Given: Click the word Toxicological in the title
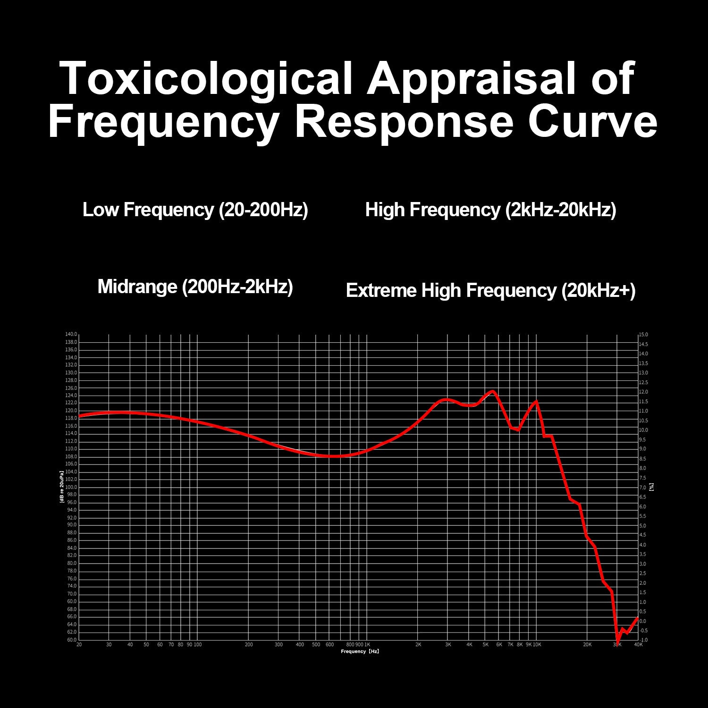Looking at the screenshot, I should (x=207, y=79).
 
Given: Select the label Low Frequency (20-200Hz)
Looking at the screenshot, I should (x=195, y=210).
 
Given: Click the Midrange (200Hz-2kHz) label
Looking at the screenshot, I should (x=195, y=287).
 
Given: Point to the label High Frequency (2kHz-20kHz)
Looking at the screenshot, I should (x=490, y=210).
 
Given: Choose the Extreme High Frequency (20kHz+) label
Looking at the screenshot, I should (x=490, y=290).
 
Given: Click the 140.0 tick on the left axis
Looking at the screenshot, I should (x=71, y=334).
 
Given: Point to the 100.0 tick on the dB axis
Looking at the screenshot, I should (x=71, y=487).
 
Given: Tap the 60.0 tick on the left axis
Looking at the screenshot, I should (x=71, y=640).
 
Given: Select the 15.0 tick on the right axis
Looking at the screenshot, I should (x=644, y=335).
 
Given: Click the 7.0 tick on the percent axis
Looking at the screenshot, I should (x=643, y=488).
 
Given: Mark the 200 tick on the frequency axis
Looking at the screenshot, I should (x=249, y=645).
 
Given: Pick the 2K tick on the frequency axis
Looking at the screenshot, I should (x=418, y=645).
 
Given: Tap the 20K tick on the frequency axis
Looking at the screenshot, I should (x=587, y=645).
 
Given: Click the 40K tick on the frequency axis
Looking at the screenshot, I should (x=638, y=645).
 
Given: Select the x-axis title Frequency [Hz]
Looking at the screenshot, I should (x=360, y=651).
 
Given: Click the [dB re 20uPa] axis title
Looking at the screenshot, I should (x=62, y=487).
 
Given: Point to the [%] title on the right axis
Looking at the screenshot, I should (x=652, y=487).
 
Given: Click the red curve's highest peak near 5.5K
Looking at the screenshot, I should (x=493, y=391).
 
